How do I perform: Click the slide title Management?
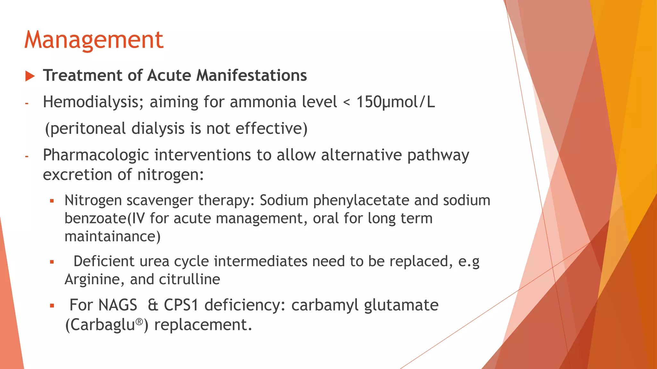pos(94,40)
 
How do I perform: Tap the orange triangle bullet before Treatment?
pos(30,76)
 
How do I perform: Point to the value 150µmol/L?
pos(396,102)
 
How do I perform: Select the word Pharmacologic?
pos(96,155)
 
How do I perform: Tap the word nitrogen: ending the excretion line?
pos(170,175)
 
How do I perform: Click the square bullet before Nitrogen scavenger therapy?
pos(52,201)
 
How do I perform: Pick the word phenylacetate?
pos(361,201)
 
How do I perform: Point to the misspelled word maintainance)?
pos(112,237)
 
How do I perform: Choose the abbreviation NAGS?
pos(118,305)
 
